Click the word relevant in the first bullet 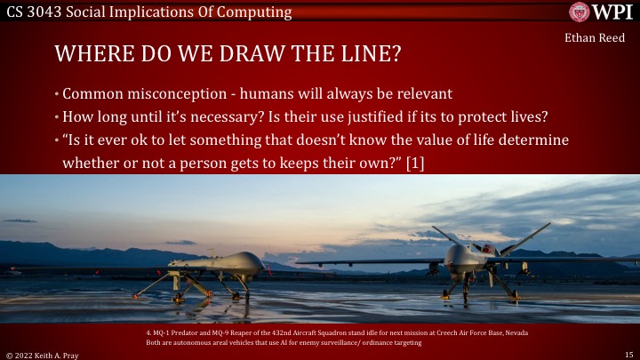(x=417, y=94)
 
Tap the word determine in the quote (x=535, y=140)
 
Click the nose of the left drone (x=257, y=262)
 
